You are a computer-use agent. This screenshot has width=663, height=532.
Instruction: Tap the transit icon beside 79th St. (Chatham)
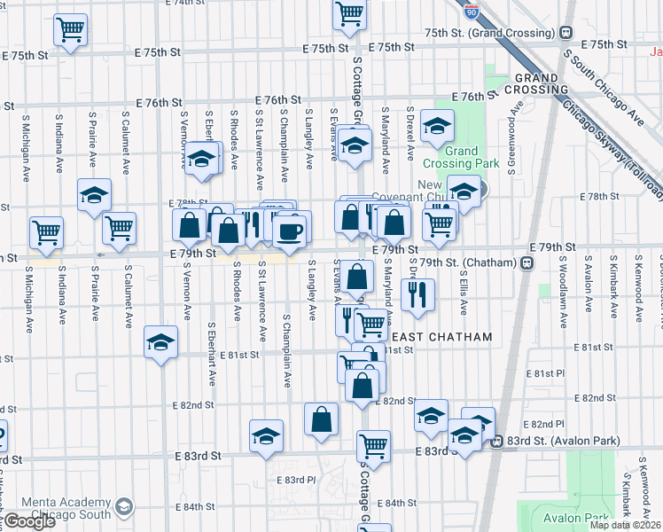(526, 262)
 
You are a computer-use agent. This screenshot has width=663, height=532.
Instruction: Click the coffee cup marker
(288, 231)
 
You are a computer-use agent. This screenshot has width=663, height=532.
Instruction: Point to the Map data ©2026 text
(624, 525)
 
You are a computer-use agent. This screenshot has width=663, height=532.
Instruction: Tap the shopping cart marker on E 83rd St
(373, 446)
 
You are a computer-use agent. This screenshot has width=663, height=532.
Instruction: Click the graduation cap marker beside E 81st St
(160, 343)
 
